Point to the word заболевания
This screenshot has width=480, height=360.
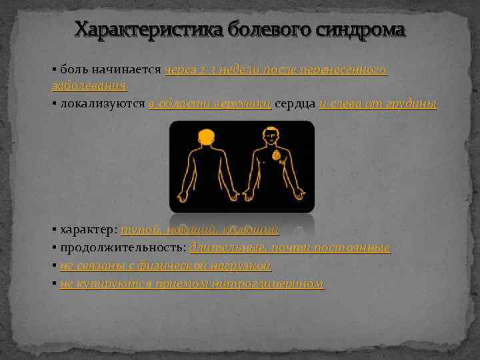tap(89, 85)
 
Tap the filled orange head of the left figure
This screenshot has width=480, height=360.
tap(205, 135)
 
